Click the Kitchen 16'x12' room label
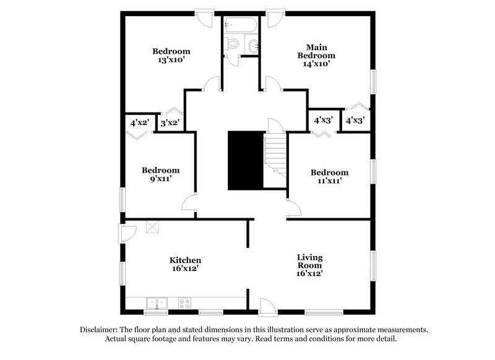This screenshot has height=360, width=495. point(186,265)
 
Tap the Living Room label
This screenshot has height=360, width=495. point(309,265)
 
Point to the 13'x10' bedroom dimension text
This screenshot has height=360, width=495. point(171,60)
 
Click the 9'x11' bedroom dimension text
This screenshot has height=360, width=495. point(160,180)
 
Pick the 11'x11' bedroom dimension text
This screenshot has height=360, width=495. point(329,181)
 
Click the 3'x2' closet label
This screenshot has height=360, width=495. point(170,123)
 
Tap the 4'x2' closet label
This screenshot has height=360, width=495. point(139,123)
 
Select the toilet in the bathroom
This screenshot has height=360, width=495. point(233,44)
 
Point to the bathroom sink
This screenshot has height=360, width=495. point(253,45)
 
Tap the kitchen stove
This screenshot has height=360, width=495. point(184,303)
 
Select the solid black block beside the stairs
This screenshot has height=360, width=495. point(245,160)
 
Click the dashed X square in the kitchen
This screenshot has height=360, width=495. point(152,227)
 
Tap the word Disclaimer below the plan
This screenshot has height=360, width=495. point(100,330)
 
